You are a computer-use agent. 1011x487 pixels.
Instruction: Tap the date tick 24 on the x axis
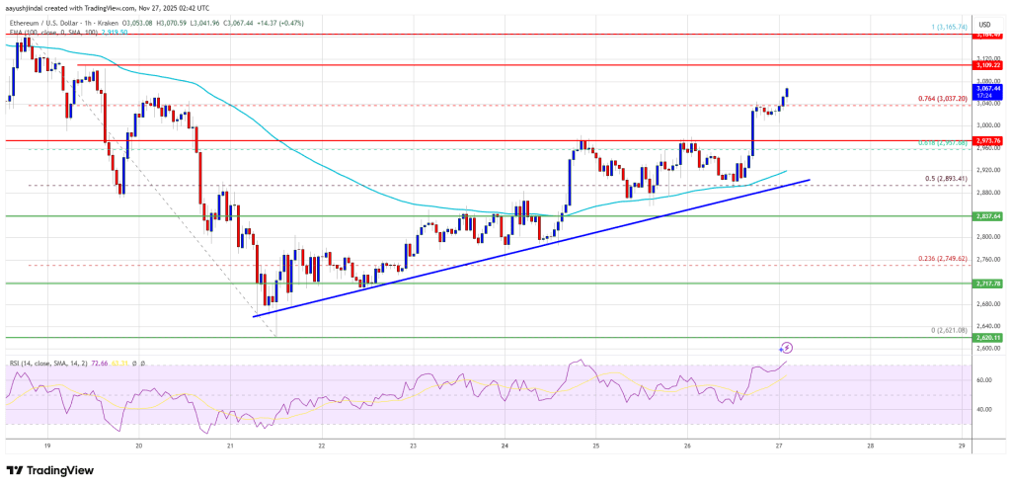(x=505, y=445)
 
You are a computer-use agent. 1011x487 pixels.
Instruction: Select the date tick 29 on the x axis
(x=961, y=445)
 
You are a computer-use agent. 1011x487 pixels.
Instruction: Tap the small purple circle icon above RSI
(x=787, y=348)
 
